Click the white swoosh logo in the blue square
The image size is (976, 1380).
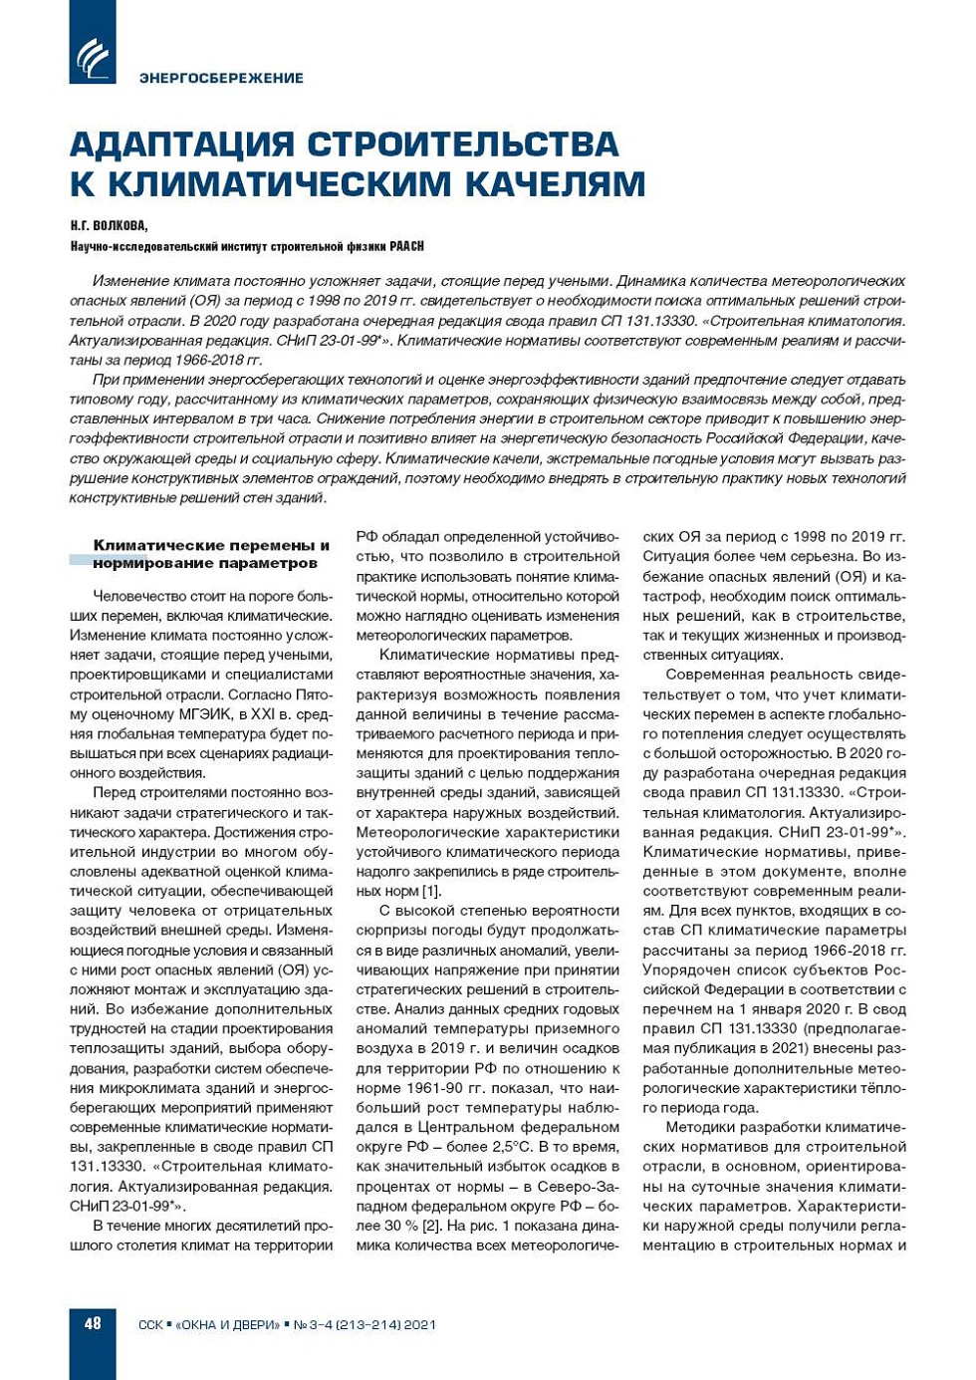coord(93,57)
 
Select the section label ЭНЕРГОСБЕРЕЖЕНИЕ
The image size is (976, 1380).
coord(221,78)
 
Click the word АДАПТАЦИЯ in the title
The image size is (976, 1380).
coord(182,144)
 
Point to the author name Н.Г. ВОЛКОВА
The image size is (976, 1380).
coord(109,226)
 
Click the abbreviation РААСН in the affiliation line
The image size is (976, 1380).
coord(406,246)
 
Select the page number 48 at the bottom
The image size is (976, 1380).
coord(93,1323)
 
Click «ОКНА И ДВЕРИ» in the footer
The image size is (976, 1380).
coord(228,1324)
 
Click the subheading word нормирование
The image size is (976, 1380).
coord(139,563)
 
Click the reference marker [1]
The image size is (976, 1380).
coord(431,891)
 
